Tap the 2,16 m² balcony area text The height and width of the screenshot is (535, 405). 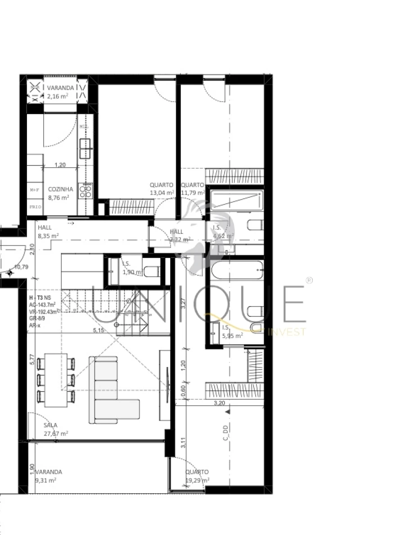[58, 96]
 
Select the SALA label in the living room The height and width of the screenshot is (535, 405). [50, 425]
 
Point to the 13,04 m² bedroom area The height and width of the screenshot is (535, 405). [162, 192]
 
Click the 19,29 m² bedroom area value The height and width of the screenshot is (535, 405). [197, 480]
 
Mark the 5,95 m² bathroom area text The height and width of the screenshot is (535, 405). [233, 335]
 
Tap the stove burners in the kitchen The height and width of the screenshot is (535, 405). [85, 192]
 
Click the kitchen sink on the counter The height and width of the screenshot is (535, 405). [85, 145]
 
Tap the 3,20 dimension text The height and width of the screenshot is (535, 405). [219, 403]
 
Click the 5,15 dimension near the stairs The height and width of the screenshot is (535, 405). [98, 330]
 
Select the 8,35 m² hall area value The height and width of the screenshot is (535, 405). [49, 235]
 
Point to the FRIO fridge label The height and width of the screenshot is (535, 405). [35, 207]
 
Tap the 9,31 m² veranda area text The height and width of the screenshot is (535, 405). [45, 480]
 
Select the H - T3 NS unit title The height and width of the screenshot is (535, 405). [40, 298]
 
